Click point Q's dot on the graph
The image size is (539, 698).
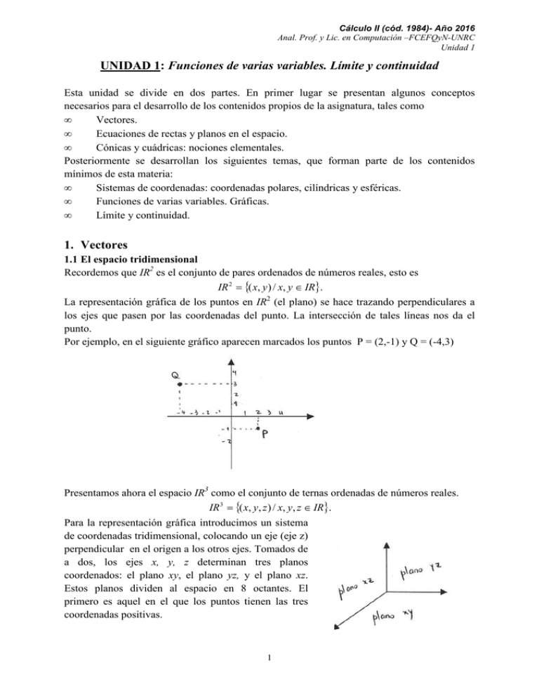[x=180, y=384]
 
